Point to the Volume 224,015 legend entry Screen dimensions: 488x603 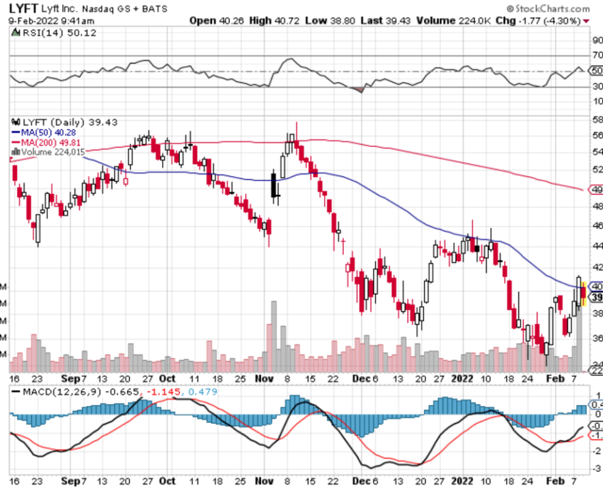click(54, 152)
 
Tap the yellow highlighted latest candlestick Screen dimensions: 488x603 click(584, 293)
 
